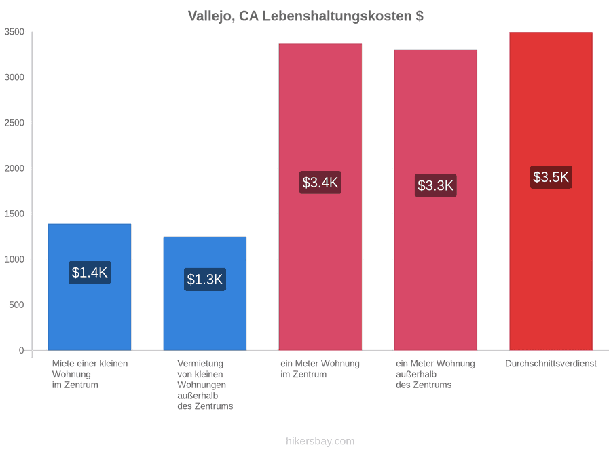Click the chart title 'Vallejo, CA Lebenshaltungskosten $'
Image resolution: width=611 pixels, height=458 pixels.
(305, 16)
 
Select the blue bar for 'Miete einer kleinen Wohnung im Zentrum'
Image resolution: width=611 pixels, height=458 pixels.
(90, 287)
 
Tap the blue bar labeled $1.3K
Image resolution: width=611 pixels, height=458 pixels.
(205, 294)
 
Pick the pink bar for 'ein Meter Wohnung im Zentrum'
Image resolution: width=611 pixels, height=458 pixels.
(320, 197)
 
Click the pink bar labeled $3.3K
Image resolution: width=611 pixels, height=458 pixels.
(436, 199)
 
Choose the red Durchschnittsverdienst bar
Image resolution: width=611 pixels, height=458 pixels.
(551, 191)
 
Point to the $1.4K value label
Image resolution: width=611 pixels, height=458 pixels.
(90, 272)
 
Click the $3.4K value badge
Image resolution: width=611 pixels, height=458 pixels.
(320, 183)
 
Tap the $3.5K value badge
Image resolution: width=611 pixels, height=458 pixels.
(551, 177)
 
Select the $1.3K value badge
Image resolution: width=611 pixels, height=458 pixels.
(205, 280)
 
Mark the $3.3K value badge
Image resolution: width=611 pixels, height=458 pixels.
(436, 185)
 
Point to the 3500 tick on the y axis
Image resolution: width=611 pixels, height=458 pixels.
(14, 32)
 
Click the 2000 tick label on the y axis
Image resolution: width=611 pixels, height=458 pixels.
(14, 168)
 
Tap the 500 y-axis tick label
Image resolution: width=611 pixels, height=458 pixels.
(17, 305)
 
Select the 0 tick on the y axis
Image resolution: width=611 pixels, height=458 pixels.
(22, 351)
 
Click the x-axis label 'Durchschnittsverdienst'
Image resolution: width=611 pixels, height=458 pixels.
(551, 364)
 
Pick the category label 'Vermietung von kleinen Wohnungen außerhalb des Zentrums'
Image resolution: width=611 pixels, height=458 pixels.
(205, 385)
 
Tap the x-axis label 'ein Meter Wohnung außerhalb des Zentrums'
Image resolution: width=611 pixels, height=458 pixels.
(436, 375)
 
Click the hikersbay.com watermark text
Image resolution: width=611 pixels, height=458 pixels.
(320, 441)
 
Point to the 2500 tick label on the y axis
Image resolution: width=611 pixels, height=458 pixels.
(14, 123)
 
